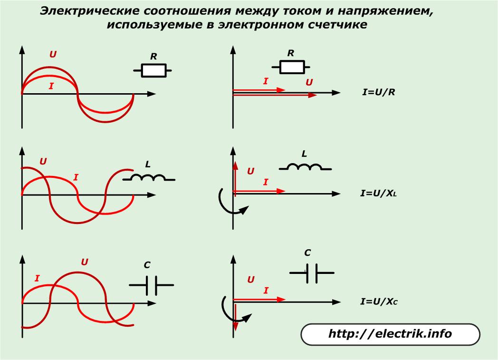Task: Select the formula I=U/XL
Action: [378, 194]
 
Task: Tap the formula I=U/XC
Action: [378, 302]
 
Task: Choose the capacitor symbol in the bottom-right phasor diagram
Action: [312, 273]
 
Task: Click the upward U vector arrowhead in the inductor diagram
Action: [234, 165]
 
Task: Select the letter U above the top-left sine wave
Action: [53, 54]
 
